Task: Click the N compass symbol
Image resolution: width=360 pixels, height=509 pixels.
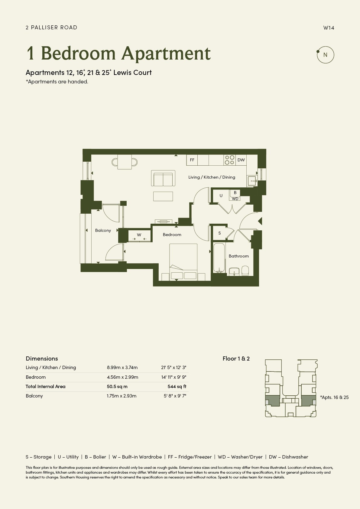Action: (x=325, y=55)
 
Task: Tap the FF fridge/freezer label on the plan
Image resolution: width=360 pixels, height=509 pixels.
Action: (x=192, y=160)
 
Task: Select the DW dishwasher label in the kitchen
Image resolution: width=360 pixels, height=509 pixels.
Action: (x=241, y=160)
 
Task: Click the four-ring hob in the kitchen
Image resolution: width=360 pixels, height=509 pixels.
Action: (x=229, y=160)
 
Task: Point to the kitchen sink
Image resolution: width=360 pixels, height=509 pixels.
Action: (x=252, y=181)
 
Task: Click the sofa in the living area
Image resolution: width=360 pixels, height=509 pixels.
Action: (x=163, y=178)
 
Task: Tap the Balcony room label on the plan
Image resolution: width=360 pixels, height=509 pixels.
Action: (x=103, y=230)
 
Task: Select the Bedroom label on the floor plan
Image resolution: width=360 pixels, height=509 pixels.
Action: (x=172, y=235)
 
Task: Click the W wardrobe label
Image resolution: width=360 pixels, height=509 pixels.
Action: (x=139, y=235)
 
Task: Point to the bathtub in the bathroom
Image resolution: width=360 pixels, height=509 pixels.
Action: (x=219, y=258)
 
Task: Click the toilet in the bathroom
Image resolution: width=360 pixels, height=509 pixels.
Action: (x=245, y=271)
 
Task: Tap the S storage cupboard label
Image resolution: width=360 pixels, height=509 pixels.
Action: (x=219, y=233)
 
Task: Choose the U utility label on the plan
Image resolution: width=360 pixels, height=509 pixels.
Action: (x=221, y=196)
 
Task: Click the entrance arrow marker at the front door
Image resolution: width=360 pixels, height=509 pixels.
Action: (x=260, y=221)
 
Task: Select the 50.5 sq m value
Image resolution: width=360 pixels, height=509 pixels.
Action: (x=117, y=387)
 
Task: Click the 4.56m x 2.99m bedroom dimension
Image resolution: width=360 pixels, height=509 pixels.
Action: (x=122, y=377)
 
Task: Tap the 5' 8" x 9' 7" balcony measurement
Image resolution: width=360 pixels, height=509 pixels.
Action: (x=175, y=396)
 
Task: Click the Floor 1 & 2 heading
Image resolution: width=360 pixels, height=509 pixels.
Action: (x=236, y=358)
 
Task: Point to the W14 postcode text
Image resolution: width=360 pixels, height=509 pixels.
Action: (x=329, y=28)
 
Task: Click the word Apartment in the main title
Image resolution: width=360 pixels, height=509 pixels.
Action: (x=166, y=53)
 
